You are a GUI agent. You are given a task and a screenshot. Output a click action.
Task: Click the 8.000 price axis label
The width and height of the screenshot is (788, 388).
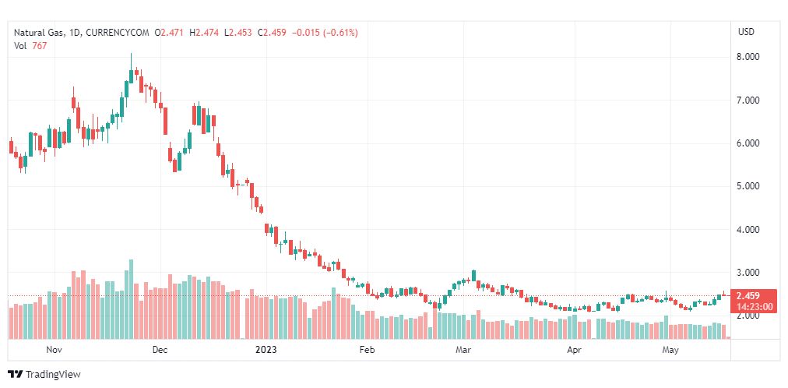click(748, 57)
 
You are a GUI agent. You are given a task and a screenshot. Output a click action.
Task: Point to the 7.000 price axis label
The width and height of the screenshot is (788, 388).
click(748, 101)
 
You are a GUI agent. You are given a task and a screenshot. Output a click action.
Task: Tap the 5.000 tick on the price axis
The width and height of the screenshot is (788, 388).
click(748, 186)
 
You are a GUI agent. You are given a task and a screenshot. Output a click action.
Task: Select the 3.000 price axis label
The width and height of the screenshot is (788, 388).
click(748, 273)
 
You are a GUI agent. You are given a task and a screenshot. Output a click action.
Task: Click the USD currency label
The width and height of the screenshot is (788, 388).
click(746, 32)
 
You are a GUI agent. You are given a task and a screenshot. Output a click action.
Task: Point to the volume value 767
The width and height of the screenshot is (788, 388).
click(40, 45)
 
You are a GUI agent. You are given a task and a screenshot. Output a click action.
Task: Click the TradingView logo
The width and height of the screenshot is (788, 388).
click(44, 375)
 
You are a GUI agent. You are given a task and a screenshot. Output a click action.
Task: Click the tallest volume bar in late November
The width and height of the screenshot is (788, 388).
click(131, 299)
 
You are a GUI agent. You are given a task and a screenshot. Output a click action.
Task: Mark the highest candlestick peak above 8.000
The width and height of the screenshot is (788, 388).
click(131, 53)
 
